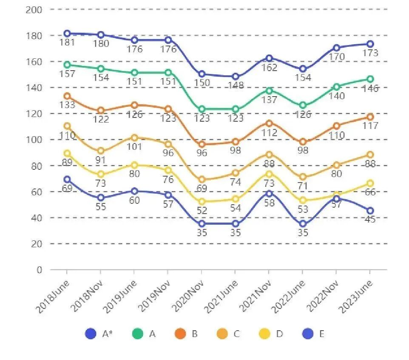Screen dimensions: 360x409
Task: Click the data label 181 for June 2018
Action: [x=67, y=43]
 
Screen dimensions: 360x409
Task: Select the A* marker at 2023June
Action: [x=370, y=44]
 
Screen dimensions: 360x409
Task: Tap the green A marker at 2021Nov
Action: [x=269, y=91]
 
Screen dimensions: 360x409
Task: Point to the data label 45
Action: [x=370, y=220]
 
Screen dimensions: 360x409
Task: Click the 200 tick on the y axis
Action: [x=34, y=9]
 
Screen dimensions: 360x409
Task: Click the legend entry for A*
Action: [x=98, y=334]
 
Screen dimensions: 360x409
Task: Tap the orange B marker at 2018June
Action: [x=67, y=96]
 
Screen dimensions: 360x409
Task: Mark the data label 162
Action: [x=269, y=67]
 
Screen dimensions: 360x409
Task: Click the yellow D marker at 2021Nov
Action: [x=269, y=174]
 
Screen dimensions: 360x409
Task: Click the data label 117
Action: [x=370, y=126]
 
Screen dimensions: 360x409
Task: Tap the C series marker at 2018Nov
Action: [x=101, y=151]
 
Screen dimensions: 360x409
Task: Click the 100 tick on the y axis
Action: [x=34, y=140]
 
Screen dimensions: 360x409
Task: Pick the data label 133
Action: [x=67, y=105]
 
